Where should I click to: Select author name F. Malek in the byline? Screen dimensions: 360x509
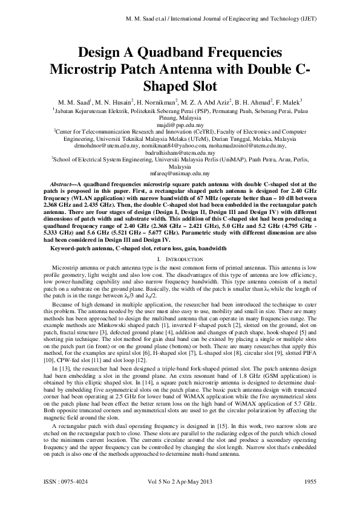pos(287,101)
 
